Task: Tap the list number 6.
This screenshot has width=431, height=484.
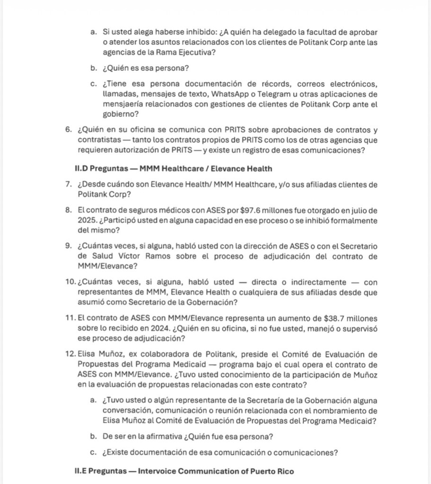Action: (x=69, y=130)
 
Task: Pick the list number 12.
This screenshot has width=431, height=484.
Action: (x=70, y=355)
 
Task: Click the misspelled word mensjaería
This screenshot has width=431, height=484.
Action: (x=123, y=104)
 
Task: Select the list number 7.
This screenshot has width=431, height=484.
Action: (x=69, y=185)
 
